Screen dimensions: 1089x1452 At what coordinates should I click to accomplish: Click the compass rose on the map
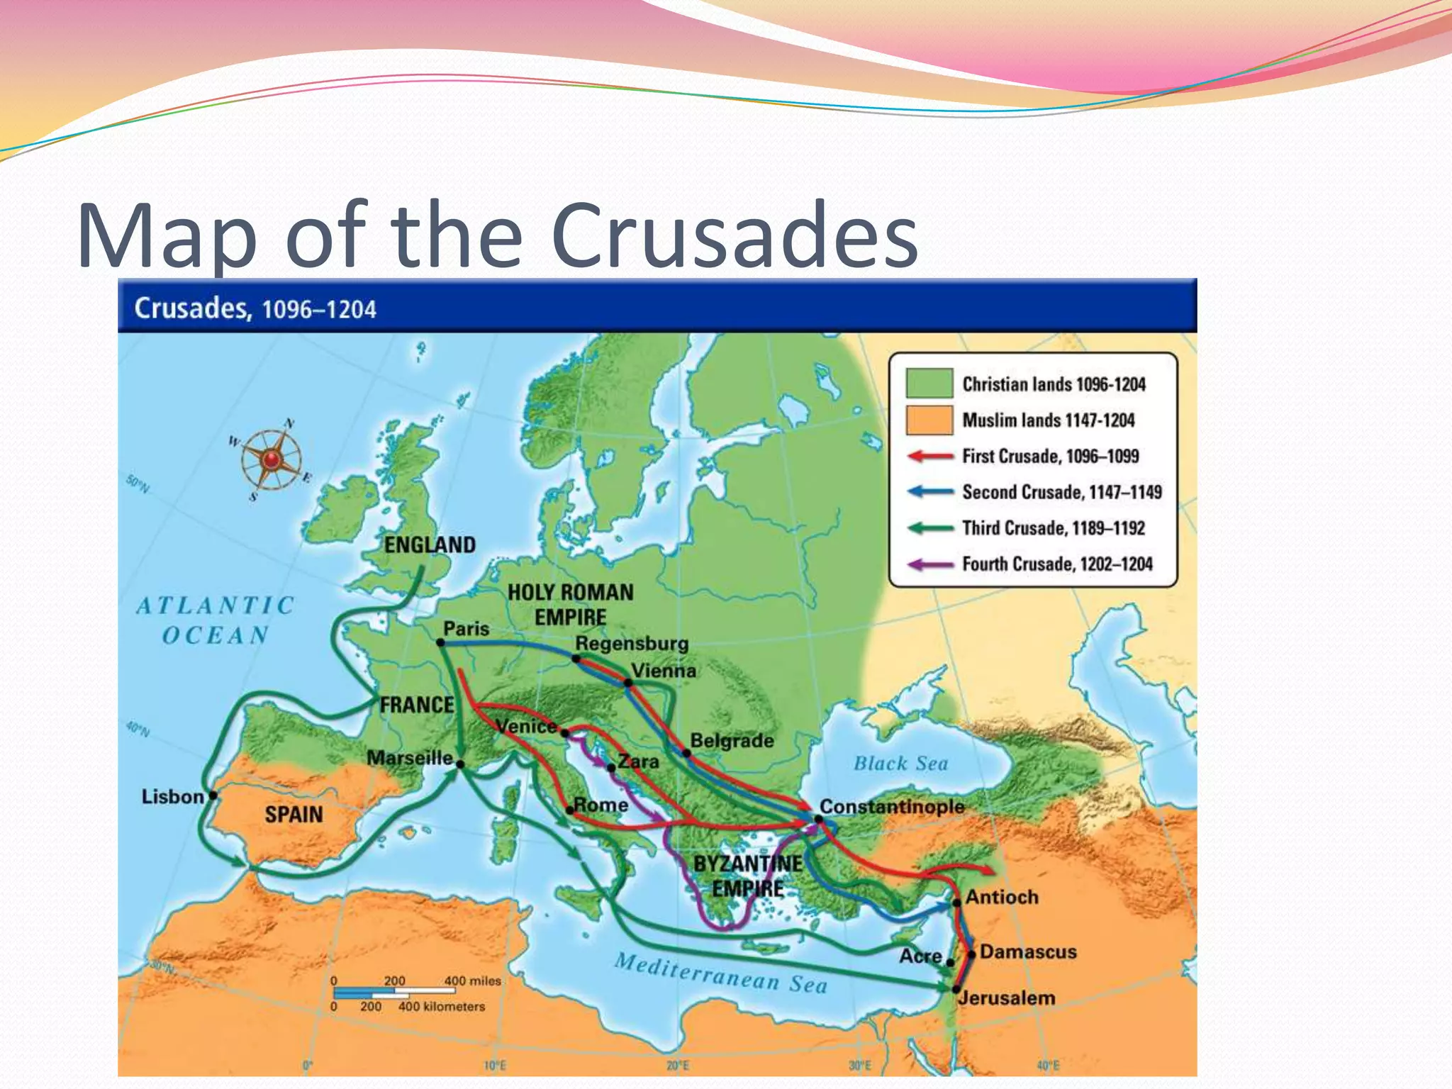tap(270, 460)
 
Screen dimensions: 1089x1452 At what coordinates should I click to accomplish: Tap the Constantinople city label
tap(891, 807)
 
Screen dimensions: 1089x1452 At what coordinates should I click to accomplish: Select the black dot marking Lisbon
tap(213, 795)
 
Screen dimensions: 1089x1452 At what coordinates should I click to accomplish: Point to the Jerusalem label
tap(1007, 998)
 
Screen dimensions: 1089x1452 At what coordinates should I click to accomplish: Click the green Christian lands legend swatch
tap(929, 384)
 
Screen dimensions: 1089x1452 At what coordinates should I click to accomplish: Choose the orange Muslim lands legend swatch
tap(929, 420)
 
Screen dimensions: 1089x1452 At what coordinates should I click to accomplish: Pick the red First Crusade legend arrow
tap(930, 456)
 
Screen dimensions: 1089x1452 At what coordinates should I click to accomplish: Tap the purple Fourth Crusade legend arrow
tap(930, 564)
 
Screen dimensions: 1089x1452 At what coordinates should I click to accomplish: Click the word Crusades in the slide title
tap(734, 236)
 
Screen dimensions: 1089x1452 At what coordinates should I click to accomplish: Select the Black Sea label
tap(900, 764)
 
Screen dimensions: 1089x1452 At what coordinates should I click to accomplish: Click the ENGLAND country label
tap(430, 544)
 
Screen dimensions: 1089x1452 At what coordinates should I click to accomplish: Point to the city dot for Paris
tap(440, 642)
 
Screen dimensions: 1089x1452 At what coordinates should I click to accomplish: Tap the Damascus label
tap(1027, 951)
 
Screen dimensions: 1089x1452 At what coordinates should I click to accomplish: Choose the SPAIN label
tap(294, 815)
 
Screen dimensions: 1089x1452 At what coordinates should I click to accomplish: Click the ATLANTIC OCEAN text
tap(215, 620)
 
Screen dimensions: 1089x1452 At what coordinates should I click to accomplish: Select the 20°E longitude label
tap(677, 1066)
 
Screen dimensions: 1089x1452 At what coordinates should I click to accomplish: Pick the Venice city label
tap(526, 726)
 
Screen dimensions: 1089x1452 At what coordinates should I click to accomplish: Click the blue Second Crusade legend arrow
tap(930, 492)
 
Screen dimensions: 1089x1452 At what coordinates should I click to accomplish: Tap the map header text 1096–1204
tap(318, 310)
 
